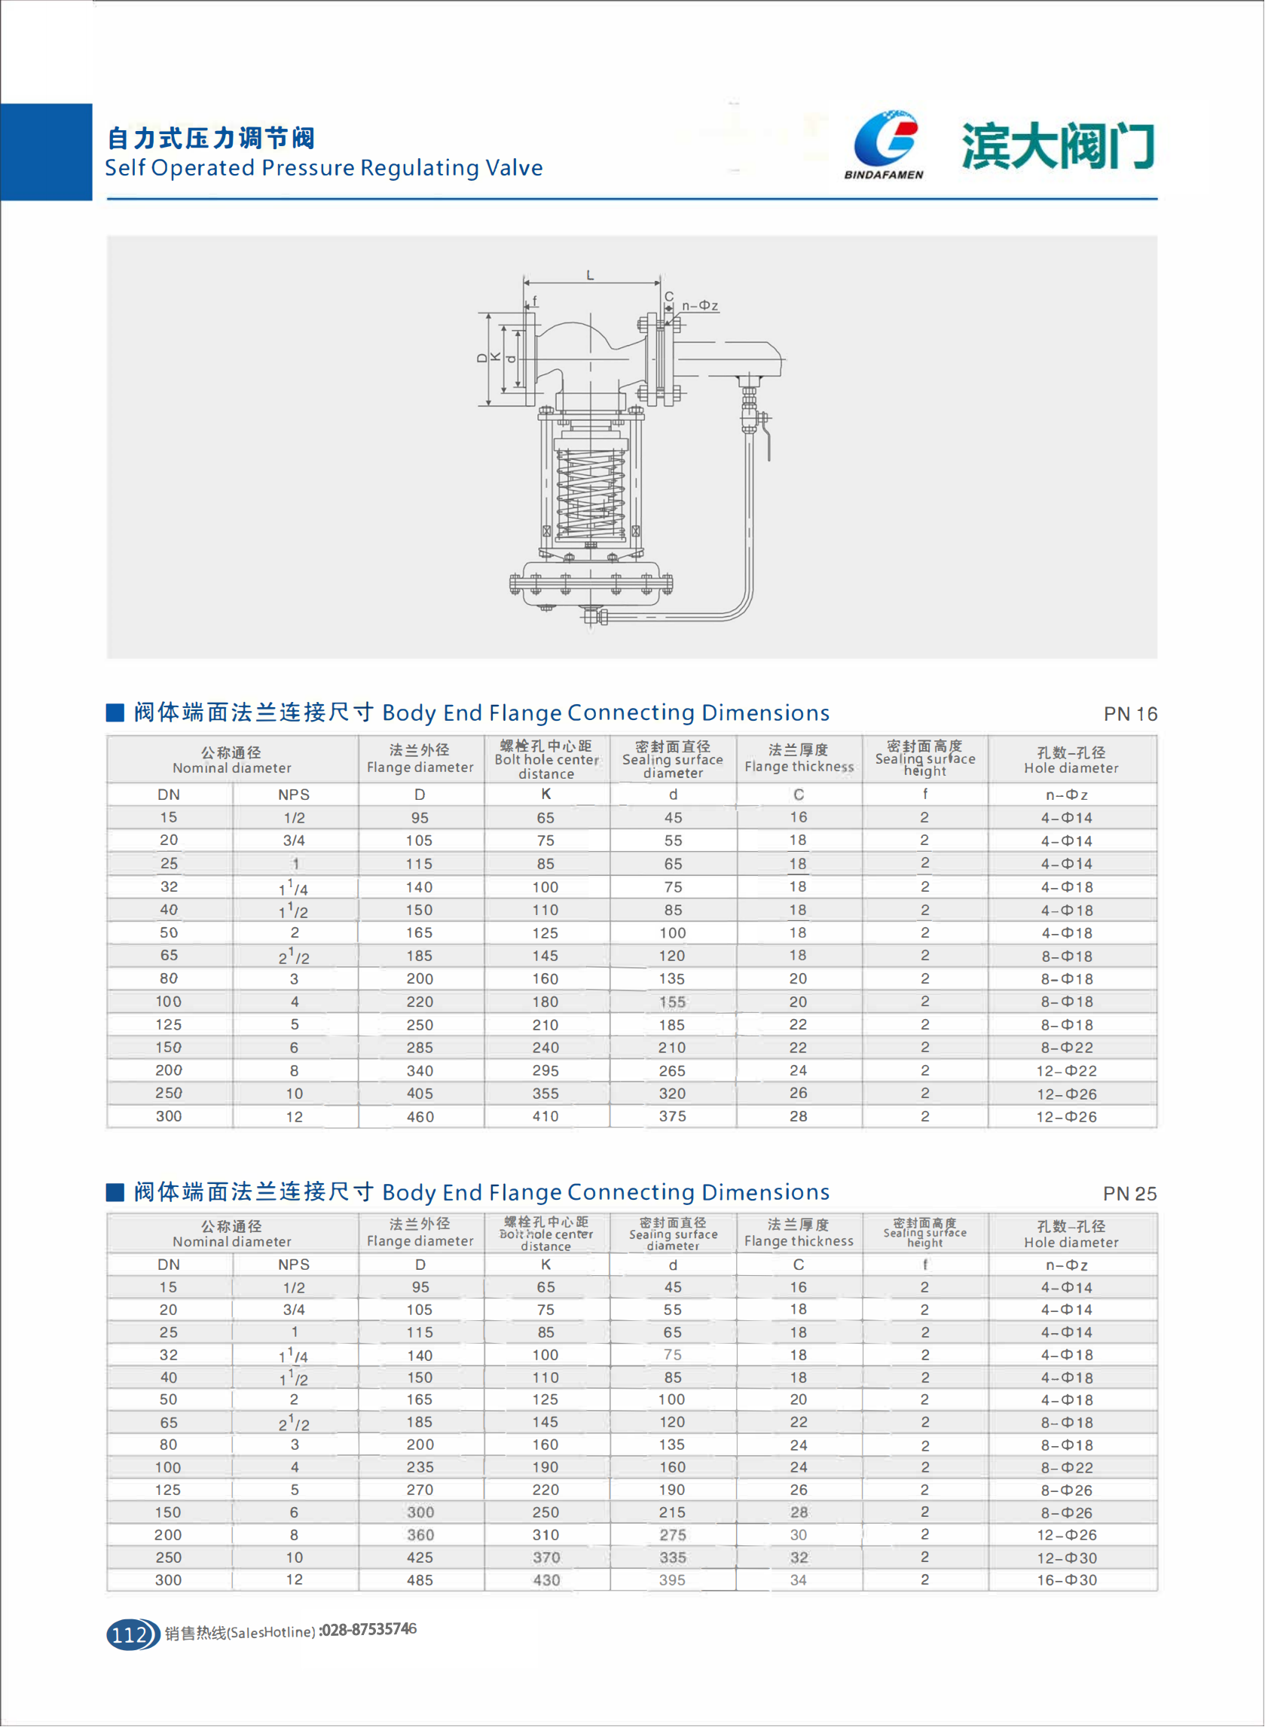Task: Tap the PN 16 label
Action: coord(1129,714)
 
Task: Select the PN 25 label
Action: coord(1129,1194)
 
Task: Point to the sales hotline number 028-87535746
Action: coord(368,1630)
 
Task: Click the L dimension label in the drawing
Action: coord(590,276)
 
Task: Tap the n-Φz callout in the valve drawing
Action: coord(700,307)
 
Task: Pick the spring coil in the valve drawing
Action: coord(591,493)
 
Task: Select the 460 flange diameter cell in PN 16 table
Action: coord(420,1117)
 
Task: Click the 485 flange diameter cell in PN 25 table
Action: coord(420,1580)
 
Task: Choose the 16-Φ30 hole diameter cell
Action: coord(1067,1580)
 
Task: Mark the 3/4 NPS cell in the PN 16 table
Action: coord(294,841)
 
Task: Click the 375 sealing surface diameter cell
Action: coord(672,1117)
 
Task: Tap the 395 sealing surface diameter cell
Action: coord(672,1580)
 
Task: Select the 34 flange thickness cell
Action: coord(798,1580)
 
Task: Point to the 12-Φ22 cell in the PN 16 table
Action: coord(1067,1071)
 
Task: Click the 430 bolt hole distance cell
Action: coord(546,1580)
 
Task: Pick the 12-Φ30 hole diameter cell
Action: coord(1067,1558)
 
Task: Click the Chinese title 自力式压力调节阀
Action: coord(210,139)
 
